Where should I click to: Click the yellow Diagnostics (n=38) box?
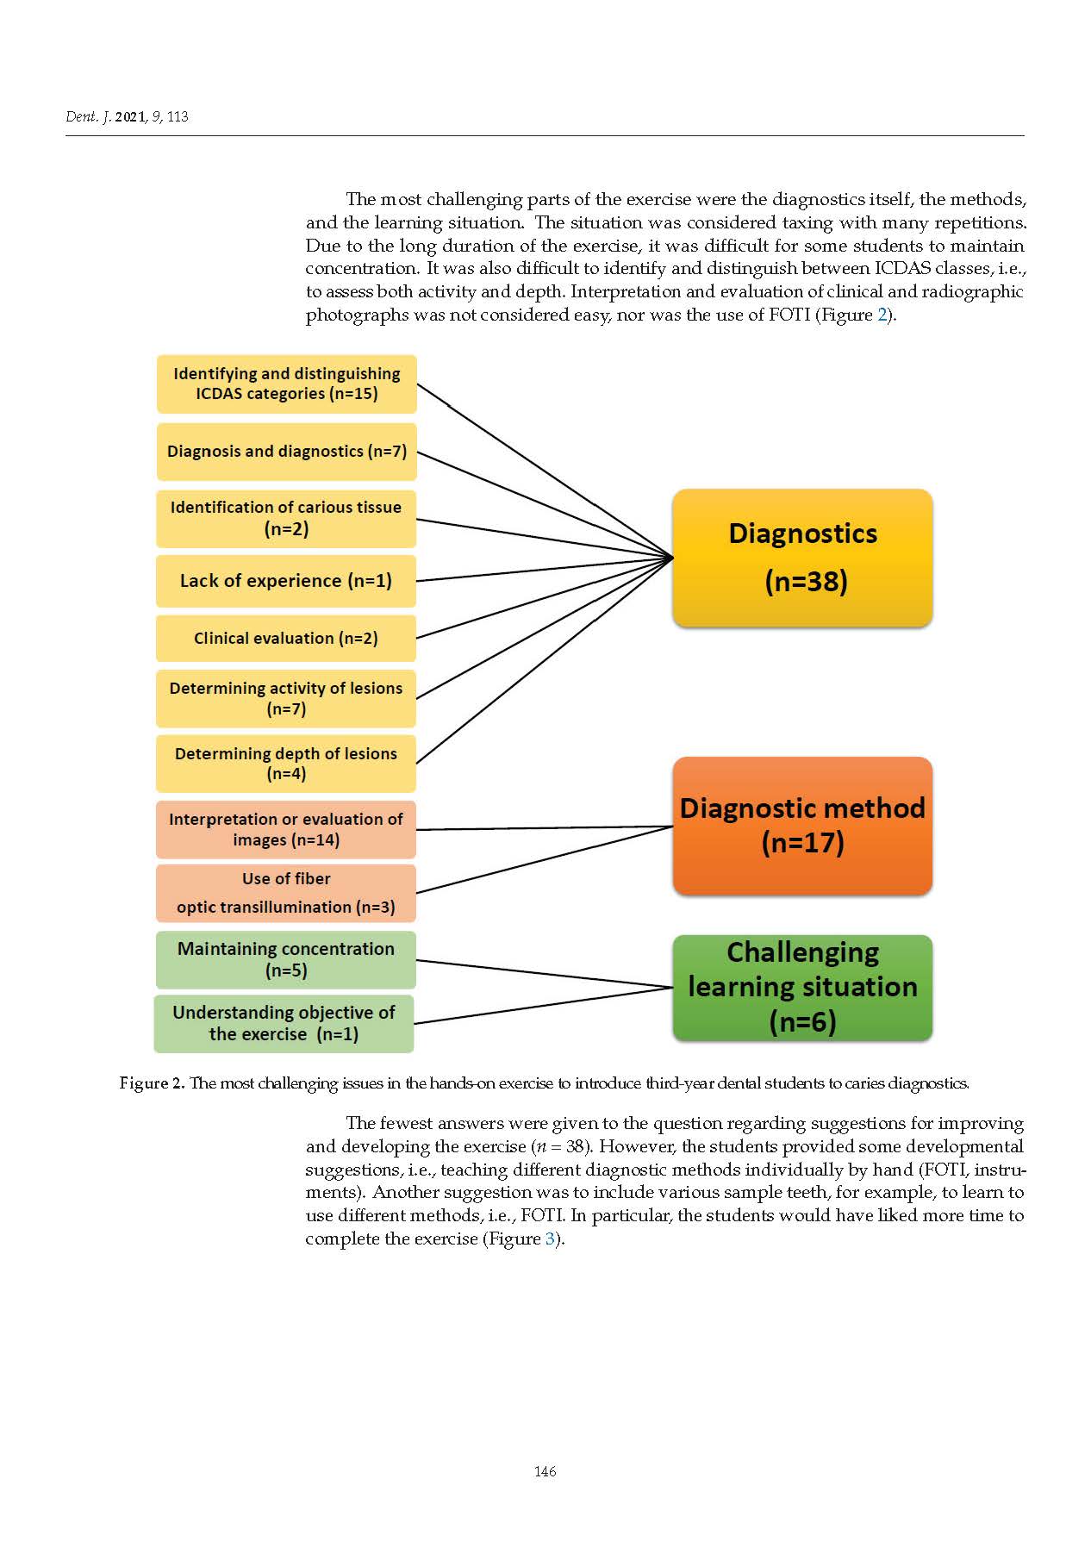801,558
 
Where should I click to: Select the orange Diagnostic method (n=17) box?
801,826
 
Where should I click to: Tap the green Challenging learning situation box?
801,987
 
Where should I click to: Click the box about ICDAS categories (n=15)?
286,384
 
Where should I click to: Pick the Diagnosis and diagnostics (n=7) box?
286,451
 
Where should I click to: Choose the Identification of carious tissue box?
286,518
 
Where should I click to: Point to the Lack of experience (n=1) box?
286,581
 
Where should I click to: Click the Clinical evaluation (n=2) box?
286,638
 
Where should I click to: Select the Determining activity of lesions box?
286,698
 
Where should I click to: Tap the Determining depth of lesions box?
286,764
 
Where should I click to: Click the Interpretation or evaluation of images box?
286,829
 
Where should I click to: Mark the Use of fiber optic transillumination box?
286,893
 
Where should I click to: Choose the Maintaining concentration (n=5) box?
286,959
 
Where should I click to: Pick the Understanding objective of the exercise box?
284,1023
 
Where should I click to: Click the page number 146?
545,1471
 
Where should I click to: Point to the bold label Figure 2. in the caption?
152,1083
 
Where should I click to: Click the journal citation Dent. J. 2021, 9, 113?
127,116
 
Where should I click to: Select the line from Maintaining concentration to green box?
543,974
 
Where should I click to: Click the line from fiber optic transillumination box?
543,859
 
